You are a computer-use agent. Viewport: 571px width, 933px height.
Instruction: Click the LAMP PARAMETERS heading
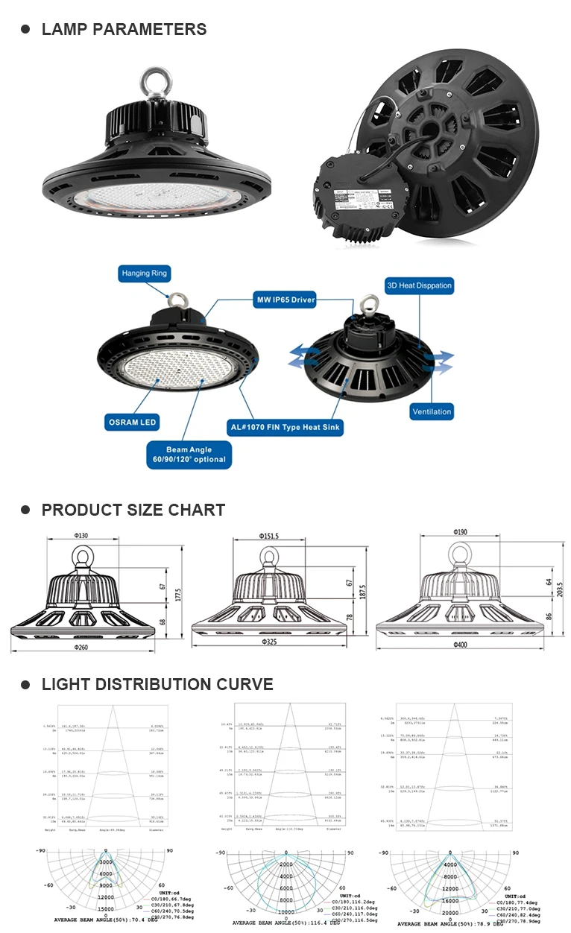124,30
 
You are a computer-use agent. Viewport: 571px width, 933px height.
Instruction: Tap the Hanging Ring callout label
144,273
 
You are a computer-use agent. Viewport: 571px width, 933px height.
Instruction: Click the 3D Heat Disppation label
419,285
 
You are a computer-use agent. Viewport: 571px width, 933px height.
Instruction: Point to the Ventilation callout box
432,411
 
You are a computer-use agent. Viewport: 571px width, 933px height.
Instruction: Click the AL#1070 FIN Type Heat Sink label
285,428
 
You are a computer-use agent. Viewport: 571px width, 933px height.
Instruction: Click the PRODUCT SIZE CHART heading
133,510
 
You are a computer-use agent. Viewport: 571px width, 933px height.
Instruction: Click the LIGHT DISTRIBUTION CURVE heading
157,685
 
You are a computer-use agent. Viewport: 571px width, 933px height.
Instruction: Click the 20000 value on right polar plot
449,912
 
